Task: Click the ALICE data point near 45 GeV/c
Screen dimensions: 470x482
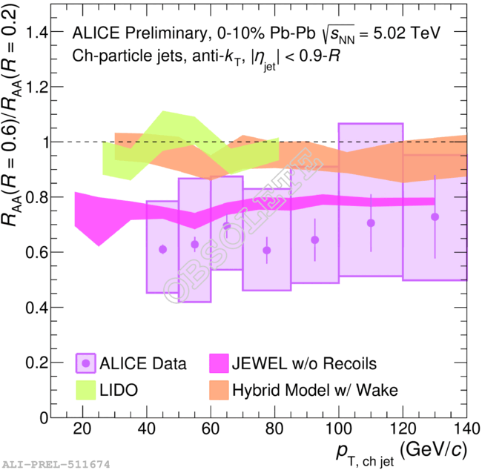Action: [162, 249]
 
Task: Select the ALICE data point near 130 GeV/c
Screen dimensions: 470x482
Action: [435, 216]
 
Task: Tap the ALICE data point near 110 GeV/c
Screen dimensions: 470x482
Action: [371, 223]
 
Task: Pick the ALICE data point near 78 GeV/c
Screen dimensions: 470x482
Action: [267, 250]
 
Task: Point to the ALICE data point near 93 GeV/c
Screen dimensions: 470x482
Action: [314, 239]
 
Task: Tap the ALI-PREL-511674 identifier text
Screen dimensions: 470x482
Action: [56, 464]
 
